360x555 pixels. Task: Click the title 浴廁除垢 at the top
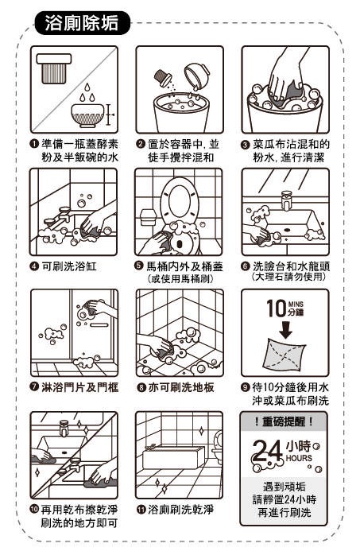click(x=81, y=23)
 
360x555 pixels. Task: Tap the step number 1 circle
click(x=34, y=144)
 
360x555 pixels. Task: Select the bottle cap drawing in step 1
click(x=54, y=68)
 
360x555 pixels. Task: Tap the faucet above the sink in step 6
click(x=286, y=200)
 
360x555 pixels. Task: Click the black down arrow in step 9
click(x=286, y=330)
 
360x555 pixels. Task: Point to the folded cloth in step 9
click(x=285, y=355)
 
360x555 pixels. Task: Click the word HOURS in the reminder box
click(x=299, y=458)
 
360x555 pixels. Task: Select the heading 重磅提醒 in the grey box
click(x=284, y=421)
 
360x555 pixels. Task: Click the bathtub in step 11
click(x=173, y=457)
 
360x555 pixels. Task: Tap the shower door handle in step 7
click(x=99, y=324)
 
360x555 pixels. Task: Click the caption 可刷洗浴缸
click(x=69, y=266)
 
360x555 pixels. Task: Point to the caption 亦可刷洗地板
click(x=181, y=387)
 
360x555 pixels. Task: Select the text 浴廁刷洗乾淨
click(x=180, y=510)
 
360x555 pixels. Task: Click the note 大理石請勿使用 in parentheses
click(x=288, y=277)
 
